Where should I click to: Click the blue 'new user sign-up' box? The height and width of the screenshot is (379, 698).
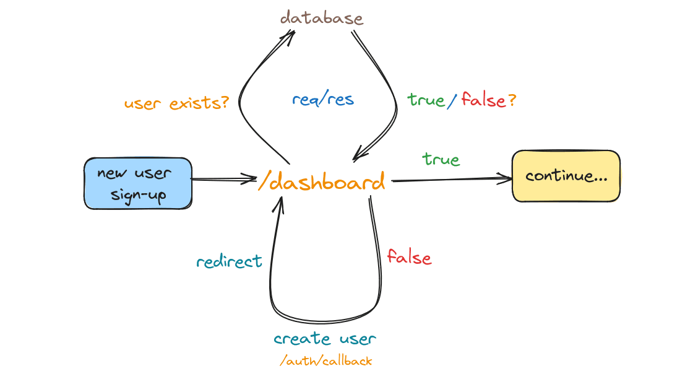click(138, 183)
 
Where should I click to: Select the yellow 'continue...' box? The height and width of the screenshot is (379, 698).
click(566, 176)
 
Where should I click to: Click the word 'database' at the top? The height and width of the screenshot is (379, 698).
click(321, 17)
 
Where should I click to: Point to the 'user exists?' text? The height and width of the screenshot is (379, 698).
click(176, 103)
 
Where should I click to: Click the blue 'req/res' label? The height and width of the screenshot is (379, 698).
click(323, 99)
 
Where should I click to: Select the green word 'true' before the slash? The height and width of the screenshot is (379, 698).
click(426, 100)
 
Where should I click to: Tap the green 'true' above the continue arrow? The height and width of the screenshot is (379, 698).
click(441, 159)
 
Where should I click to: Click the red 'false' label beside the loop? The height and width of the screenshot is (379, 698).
click(409, 257)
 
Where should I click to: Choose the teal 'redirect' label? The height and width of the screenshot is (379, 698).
click(229, 261)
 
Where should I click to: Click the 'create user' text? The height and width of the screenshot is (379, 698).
click(325, 339)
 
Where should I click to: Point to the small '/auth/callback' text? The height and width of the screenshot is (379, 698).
click(325, 360)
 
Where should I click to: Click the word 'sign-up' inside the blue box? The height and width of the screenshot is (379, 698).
click(138, 195)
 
